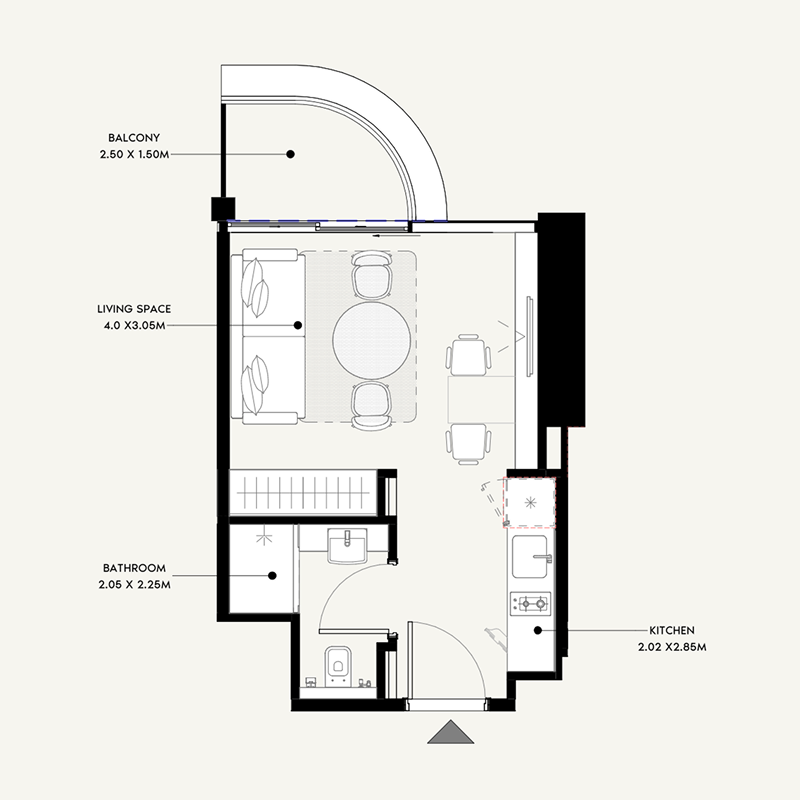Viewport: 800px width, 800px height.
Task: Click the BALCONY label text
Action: [135, 138]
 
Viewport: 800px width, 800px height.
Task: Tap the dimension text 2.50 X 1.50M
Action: [135, 154]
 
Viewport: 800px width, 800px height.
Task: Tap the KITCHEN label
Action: [672, 631]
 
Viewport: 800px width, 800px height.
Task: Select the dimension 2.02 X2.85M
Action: [672, 647]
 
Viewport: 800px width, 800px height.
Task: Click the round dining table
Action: [371, 338]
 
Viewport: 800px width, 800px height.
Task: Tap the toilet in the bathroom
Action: [337, 663]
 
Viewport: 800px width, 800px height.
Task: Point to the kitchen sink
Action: [532, 557]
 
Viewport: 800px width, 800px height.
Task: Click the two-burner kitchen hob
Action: [532, 603]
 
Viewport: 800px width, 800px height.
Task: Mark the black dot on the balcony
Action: [291, 154]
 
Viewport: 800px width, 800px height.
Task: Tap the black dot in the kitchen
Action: [538, 630]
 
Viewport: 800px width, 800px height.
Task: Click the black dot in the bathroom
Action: [272, 575]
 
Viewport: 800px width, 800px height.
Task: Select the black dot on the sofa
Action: [298, 325]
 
